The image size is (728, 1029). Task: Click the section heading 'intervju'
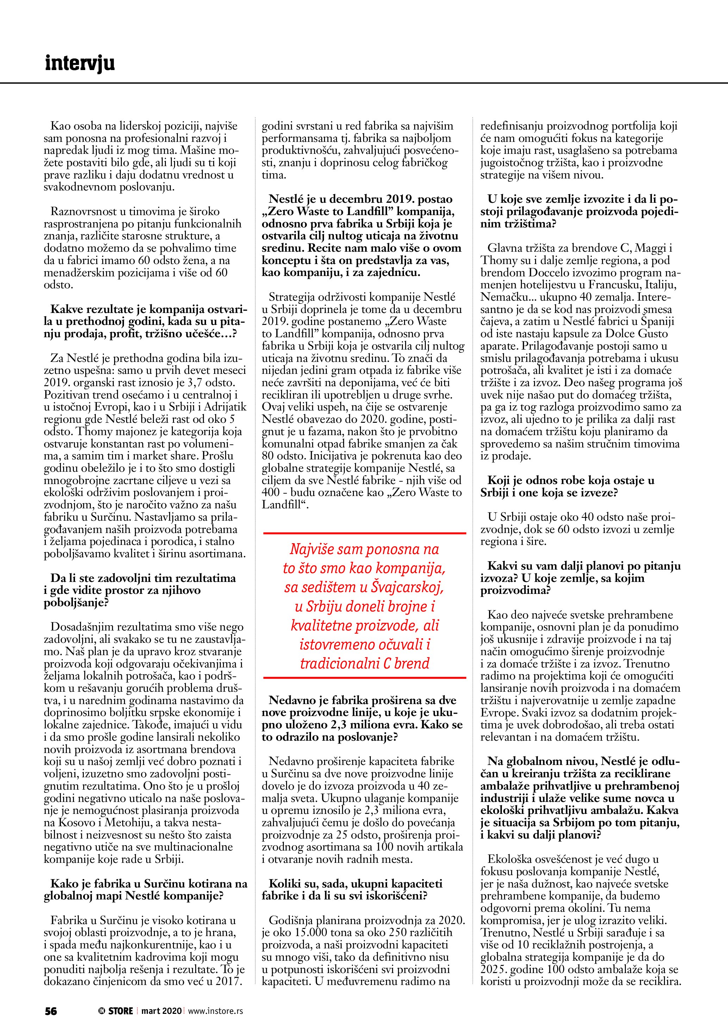click(x=80, y=64)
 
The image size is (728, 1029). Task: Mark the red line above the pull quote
click(x=364, y=533)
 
